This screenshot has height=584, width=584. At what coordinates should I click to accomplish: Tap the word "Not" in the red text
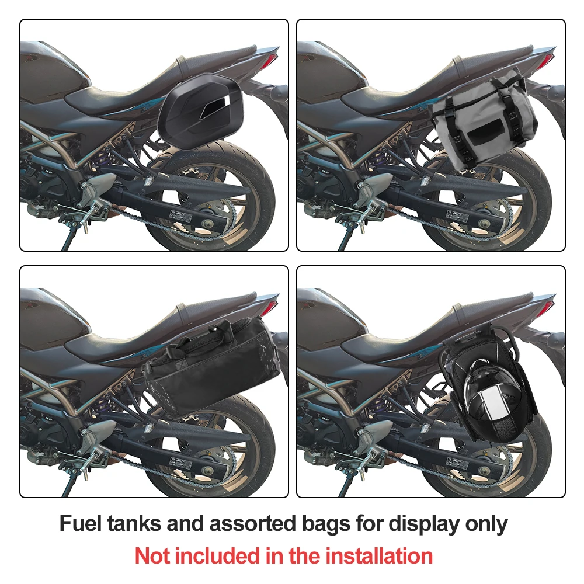(x=152, y=556)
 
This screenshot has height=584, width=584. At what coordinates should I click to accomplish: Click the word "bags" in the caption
(x=325, y=524)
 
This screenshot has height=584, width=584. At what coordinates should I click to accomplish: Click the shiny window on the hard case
(x=215, y=109)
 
